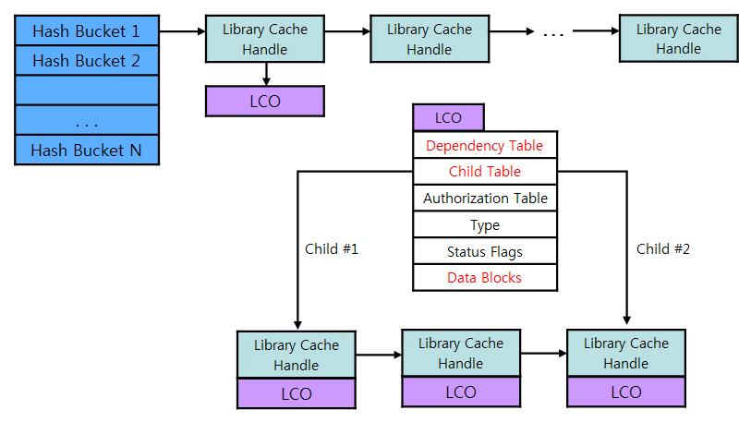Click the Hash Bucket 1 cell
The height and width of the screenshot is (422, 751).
[x=87, y=31]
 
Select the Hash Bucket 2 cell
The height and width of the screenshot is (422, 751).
[x=87, y=61]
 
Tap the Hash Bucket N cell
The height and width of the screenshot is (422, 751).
[x=87, y=150]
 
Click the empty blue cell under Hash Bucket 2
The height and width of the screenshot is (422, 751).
[x=87, y=90]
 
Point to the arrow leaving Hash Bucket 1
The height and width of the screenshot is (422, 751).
[x=182, y=32]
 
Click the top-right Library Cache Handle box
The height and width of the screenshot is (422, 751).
[x=678, y=39]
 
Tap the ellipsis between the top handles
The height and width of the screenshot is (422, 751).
[x=552, y=34]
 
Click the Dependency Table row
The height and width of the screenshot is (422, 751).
[x=485, y=146]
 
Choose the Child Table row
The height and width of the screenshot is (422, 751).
[x=485, y=172]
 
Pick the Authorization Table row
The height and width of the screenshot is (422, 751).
[x=485, y=199]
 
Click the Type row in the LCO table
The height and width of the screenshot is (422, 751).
[x=485, y=225]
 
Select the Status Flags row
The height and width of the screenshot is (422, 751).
[x=485, y=252]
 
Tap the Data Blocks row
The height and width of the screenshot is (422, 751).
[x=485, y=278]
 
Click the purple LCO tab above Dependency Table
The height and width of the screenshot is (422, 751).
[x=448, y=118]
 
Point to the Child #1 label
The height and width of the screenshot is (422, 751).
[x=331, y=249]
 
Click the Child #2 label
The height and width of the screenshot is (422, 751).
[x=663, y=249]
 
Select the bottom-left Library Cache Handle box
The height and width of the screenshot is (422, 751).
[x=296, y=355]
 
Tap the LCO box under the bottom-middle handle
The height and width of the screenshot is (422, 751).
[x=460, y=392]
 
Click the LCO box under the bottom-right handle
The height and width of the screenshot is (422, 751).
[x=625, y=392]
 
